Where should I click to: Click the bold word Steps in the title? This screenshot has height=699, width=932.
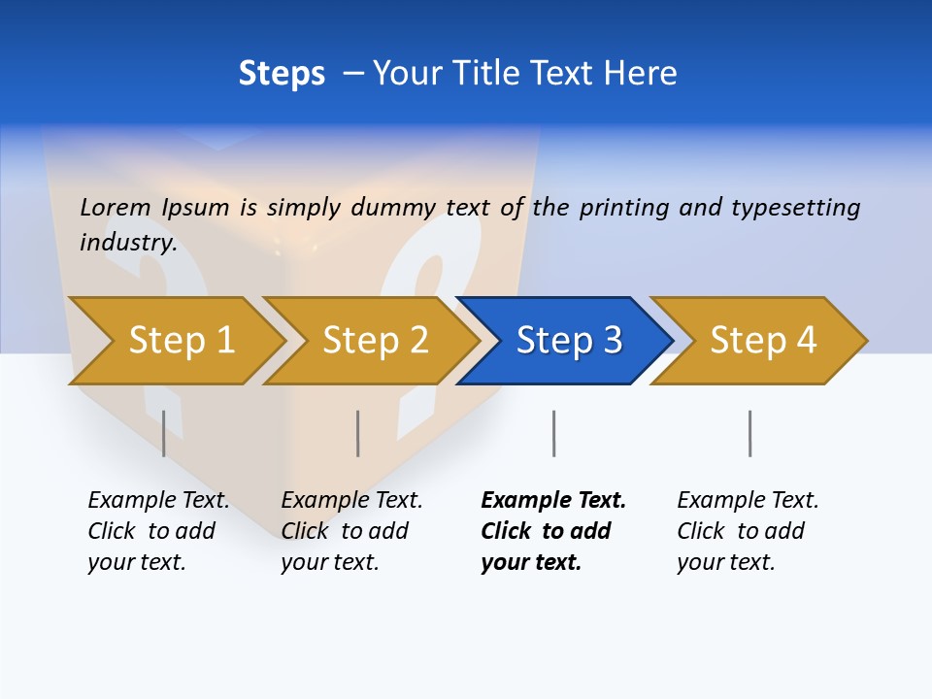click(x=282, y=74)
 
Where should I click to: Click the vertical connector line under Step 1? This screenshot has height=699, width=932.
click(x=164, y=433)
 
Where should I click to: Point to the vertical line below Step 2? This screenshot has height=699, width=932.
click(x=358, y=433)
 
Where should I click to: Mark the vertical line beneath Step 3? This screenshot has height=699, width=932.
click(x=553, y=433)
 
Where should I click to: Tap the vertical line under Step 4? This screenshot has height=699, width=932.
click(x=749, y=433)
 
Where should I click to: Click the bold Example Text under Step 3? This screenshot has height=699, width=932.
click(x=553, y=501)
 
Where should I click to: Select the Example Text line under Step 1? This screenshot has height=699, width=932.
click(x=158, y=501)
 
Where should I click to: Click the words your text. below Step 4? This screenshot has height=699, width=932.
click(x=725, y=563)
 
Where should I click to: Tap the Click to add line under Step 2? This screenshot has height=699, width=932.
click(x=345, y=532)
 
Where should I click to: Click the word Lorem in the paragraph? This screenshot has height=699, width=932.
click(x=116, y=208)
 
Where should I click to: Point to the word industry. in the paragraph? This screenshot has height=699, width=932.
click(x=128, y=243)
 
